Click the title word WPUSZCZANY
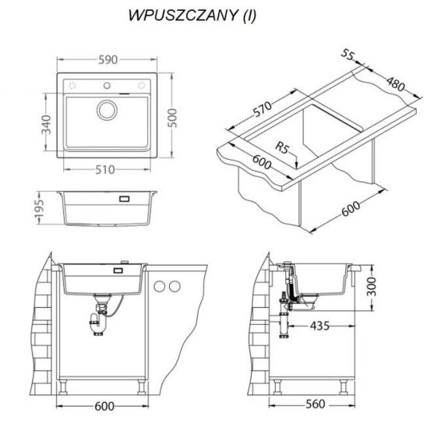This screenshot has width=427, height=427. pyautogui.click(x=183, y=16)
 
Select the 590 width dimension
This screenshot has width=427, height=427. pyautogui.click(x=108, y=60)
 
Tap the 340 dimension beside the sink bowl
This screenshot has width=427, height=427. pyautogui.click(x=46, y=125)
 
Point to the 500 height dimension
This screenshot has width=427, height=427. pyautogui.click(x=172, y=118)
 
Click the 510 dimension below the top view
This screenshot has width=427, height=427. pyautogui.click(x=105, y=170)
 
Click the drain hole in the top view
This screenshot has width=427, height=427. pyautogui.click(x=107, y=110)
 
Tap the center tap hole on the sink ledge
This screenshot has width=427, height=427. pyautogui.click(x=107, y=86)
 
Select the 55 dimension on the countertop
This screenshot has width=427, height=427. pyautogui.click(x=348, y=55)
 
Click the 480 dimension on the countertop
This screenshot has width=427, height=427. pyautogui.click(x=396, y=83)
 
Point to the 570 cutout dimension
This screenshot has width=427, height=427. pyautogui.click(x=263, y=109)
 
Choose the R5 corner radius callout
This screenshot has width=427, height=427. pyautogui.click(x=282, y=147)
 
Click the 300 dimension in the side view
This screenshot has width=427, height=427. pyautogui.click(x=372, y=287)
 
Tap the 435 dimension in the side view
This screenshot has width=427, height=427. pyautogui.click(x=319, y=326)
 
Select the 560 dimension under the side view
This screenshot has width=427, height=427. pyautogui.click(x=316, y=404)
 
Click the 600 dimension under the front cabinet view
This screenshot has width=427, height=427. pyautogui.click(x=104, y=407)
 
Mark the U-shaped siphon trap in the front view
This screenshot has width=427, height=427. pyautogui.click(x=97, y=324)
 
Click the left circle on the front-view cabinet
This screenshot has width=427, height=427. pyautogui.click(x=159, y=287)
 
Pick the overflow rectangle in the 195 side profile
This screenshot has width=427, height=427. pyautogui.click(x=124, y=199)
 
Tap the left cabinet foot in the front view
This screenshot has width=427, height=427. pyautogui.click(x=63, y=387)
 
